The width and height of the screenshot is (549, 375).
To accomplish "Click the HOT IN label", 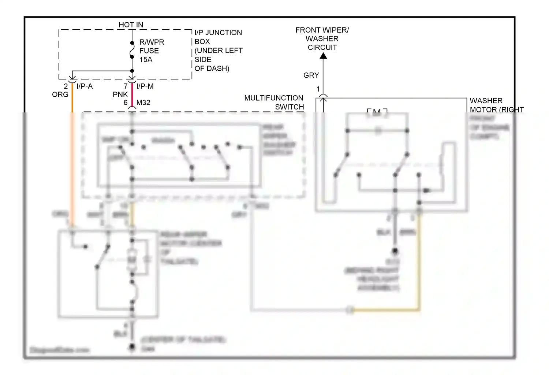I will click(x=131, y=25).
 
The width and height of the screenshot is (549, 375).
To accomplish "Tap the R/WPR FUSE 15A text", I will click(x=152, y=51).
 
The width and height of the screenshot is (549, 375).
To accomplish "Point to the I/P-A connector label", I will click(x=85, y=86).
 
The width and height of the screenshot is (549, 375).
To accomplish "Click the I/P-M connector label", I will click(x=145, y=86).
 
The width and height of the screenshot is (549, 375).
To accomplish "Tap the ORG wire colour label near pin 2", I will click(x=60, y=94).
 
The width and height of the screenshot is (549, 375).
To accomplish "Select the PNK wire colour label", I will click(x=120, y=94).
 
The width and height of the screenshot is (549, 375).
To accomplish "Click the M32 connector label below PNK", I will click(x=143, y=103).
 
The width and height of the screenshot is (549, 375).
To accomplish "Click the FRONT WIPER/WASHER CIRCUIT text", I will click(x=322, y=38).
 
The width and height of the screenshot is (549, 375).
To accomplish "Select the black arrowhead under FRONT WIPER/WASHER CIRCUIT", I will click(x=323, y=56).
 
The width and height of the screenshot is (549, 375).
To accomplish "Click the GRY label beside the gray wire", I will click(x=311, y=75).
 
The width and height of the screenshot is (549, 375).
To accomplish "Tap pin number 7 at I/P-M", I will click(x=126, y=86).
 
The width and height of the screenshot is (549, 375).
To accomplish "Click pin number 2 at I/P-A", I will click(x=66, y=86).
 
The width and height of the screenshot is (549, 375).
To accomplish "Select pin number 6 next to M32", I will click(x=126, y=103).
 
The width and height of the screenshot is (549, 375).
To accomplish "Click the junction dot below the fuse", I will click(x=132, y=71).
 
